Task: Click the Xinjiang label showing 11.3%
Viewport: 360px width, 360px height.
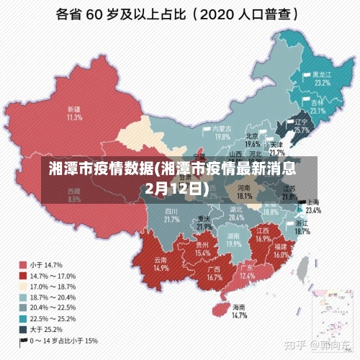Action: coord(73,112)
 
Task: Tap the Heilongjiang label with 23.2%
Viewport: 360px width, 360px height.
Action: coord(321,78)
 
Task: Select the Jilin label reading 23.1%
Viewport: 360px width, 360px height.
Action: coord(318,107)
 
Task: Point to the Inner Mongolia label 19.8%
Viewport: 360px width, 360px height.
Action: coord(222,132)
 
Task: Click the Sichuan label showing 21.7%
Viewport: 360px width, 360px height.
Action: coord(171,215)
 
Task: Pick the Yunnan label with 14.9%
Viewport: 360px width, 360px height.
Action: coord(161,264)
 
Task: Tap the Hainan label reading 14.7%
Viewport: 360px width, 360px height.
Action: coord(240,311)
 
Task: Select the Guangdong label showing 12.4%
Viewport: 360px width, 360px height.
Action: coord(247,272)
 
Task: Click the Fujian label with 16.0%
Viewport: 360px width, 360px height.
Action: coord(281,250)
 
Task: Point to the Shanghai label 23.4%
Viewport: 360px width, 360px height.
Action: coord(313,207)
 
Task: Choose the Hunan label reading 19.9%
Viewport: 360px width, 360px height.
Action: coord(233,240)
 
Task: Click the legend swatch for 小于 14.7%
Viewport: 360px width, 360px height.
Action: coord(22,264)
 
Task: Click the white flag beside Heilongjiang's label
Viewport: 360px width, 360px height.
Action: coord(307,75)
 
